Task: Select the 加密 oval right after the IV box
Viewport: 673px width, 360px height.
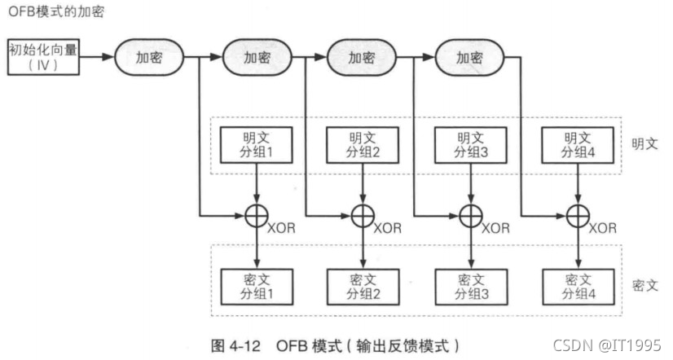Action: tap(148, 59)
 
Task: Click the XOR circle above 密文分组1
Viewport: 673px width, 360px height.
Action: tap(257, 216)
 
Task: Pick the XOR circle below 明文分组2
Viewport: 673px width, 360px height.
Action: tap(363, 216)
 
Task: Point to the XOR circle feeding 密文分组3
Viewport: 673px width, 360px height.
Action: tap(470, 216)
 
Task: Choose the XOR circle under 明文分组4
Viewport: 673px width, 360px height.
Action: tap(578, 216)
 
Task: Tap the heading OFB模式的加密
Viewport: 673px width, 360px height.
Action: tap(56, 12)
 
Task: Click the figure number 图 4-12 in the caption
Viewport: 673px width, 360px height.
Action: tap(235, 344)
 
